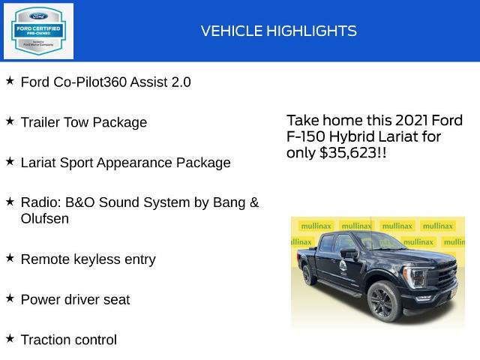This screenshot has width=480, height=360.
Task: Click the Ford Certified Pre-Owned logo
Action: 38,31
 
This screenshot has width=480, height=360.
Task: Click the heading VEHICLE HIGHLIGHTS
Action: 278,31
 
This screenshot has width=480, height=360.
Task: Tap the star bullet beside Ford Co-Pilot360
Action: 10,79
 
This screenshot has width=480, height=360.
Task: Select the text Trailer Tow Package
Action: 84,122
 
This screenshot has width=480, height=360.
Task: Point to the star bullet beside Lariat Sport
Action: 10,160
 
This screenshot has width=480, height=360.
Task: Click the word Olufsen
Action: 45,219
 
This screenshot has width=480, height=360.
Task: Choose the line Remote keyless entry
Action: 88,259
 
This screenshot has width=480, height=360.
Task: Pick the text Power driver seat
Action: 75,300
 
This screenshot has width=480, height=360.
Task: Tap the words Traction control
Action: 69,340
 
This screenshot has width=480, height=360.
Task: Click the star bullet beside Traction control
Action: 10,338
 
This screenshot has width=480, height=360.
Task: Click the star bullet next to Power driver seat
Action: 10,298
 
